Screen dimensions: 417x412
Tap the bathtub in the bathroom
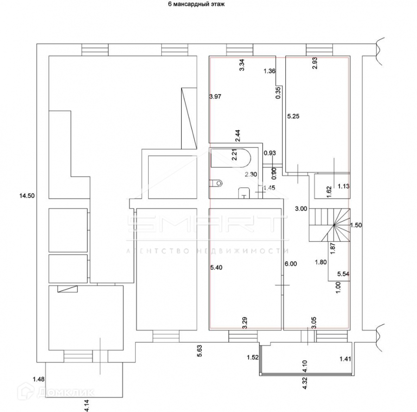click(x=231, y=158)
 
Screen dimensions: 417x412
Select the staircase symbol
click(x=330, y=224)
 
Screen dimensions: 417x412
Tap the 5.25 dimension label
click(x=293, y=117)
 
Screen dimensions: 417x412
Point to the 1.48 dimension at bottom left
click(x=39, y=380)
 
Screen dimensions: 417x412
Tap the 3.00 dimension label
click(x=301, y=209)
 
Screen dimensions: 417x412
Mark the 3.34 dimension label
click(x=241, y=65)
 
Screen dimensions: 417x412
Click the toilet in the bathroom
click(x=216, y=183)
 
